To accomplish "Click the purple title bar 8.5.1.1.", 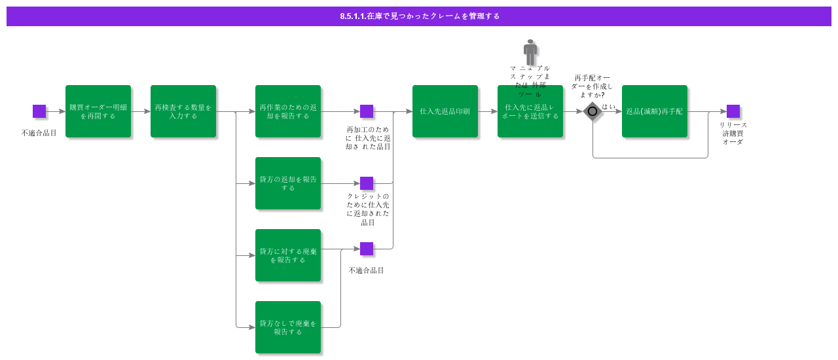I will click(x=419, y=16).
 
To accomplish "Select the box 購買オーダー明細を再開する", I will click(x=98, y=111).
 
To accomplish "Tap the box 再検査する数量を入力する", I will click(x=183, y=111).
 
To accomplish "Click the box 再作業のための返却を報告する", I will click(x=288, y=111).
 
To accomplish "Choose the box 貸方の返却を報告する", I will click(x=288, y=183).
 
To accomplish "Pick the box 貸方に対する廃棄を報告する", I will click(x=288, y=255).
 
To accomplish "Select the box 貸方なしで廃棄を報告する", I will click(x=288, y=327).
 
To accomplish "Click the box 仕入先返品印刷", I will click(x=445, y=111).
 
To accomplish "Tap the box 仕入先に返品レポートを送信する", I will click(x=530, y=111).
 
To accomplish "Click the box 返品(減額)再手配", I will click(x=655, y=111).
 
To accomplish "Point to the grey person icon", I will click(x=530, y=52).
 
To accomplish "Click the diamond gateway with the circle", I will click(x=592, y=111).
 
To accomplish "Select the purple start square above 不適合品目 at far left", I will click(x=39, y=111).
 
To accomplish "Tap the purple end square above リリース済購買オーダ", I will click(x=733, y=111).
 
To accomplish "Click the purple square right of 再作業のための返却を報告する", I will click(x=367, y=111).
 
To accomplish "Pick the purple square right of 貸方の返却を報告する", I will click(x=367, y=183).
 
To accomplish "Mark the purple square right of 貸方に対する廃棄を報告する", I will click(x=367, y=249).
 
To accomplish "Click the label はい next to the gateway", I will click(x=609, y=107).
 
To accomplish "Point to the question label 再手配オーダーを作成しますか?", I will click(x=593, y=86).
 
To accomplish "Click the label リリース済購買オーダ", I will click(x=733, y=133).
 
